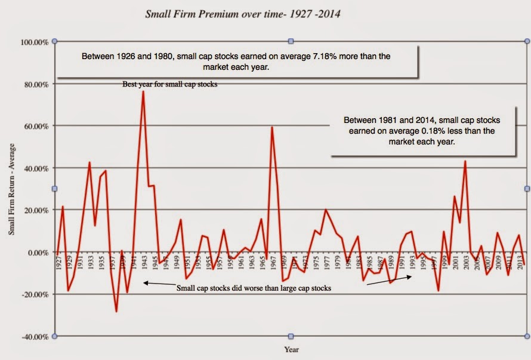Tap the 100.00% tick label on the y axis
pyautogui.click(x=34, y=42)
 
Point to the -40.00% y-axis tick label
pyautogui.click(x=34, y=337)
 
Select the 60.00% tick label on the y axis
pyautogui.click(x=35, y=127)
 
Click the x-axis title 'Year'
pyautogui.click(x=291, y=349)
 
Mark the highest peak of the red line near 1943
pyautogui.click(x=143, y=92)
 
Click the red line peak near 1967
pyautogui.click(x=272, y=127)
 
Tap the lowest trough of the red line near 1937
pyautogui.click(x=116, y=311)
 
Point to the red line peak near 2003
pyautogui.click(x=465, y=161)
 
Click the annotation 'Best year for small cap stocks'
pyautogui.click(x=170, y=84)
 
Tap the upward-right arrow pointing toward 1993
pyautogui.click(x=388, y=281)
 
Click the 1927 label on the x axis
pyautogui.click(x=58, y=263)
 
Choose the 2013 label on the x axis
pyautogui.click(x=518, y=263)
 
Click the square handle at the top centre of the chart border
pyautogui.click(x=291, y=41)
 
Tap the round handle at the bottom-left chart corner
pyautogui.click(x=55, y=336)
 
